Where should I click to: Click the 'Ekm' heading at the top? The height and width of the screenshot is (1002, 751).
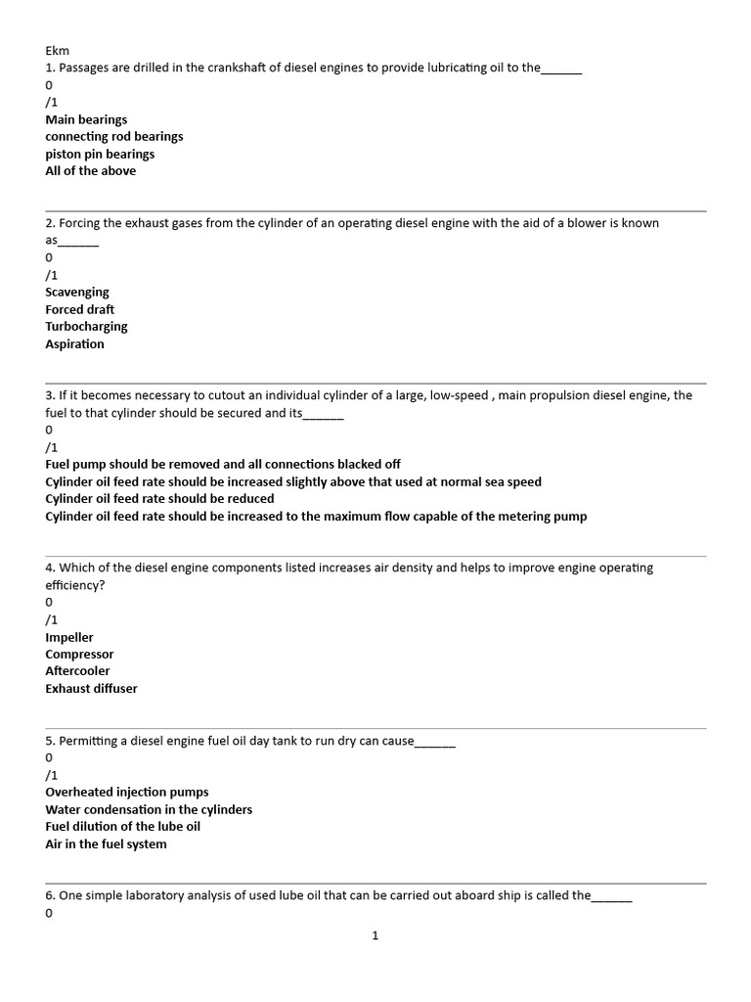(57, 51)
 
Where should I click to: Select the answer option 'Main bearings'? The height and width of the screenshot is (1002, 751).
(86, 119)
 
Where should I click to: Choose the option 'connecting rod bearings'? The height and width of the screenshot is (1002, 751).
(113, 137)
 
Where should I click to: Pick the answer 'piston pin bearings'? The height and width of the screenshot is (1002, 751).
(100, 154)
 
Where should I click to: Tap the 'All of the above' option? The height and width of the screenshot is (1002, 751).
(91, 171)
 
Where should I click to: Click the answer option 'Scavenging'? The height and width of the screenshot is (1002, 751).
(77, 293)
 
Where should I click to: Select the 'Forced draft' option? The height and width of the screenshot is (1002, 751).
(80, 310)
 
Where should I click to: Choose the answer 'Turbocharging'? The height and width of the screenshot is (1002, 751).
(86, 327)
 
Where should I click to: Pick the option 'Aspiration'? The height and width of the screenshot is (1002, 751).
(74, 344)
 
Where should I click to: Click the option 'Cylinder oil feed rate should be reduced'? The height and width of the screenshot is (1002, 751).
(159, 499)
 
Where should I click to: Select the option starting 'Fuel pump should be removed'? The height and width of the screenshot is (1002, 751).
(223, 465)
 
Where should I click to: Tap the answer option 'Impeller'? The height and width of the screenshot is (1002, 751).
(69, 638)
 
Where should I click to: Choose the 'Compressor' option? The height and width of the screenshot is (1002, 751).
(79, 655)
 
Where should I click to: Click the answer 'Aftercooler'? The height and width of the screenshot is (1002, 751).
(77, 671)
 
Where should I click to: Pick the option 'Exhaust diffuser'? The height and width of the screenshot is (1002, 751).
(91, 689)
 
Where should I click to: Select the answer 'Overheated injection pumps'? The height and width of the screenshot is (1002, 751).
(127, 793)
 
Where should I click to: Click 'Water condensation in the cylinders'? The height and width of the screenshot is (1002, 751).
(149, 810)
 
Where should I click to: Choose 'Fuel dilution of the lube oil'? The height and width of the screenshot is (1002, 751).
(123, 827)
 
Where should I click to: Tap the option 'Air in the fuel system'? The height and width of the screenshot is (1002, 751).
(106, 844)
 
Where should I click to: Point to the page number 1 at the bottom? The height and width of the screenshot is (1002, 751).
(375, 936)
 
